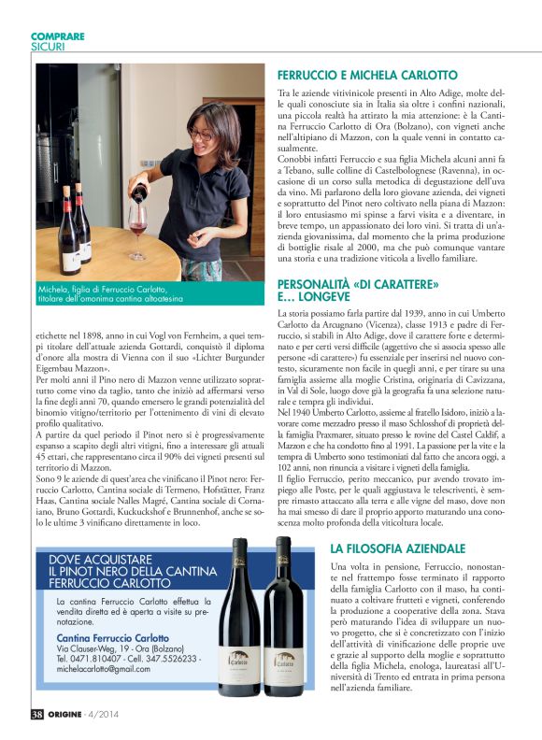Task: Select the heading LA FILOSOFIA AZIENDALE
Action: tap(397, 548)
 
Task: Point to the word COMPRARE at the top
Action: tap(58, 36)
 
